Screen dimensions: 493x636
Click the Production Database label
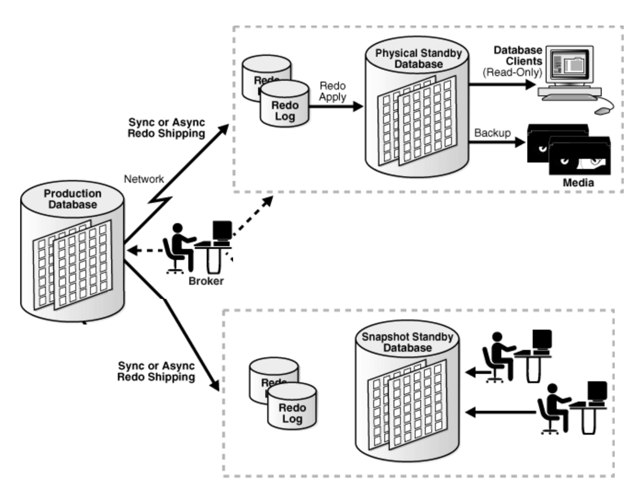(73, 199)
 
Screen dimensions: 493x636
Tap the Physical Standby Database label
(418, 59)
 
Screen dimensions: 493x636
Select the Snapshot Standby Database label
(407, 342)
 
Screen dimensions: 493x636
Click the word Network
(144, 179)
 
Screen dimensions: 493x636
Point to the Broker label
(206, 281)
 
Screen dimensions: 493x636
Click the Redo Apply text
(333, 91)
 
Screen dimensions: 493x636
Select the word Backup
(492, 133)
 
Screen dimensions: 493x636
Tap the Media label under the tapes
(578, 182)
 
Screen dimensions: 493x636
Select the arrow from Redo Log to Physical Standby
(336, 107)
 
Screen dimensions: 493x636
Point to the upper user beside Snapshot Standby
(498, 356)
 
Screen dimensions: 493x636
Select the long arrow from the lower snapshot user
(500, 412)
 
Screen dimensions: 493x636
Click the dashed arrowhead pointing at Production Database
(132, 251)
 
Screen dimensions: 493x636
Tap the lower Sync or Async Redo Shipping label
(156, 371)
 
